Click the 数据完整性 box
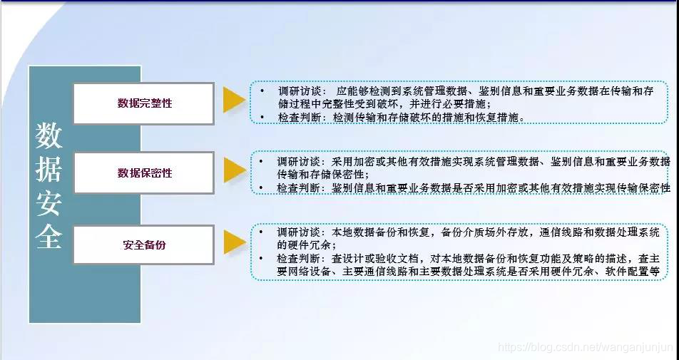coord(143,103)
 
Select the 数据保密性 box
coord(143,173)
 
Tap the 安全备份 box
coord(143,245)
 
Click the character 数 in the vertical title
coord(49,134)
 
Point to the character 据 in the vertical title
coord(49,169)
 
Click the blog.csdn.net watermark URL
coord(585,347)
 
